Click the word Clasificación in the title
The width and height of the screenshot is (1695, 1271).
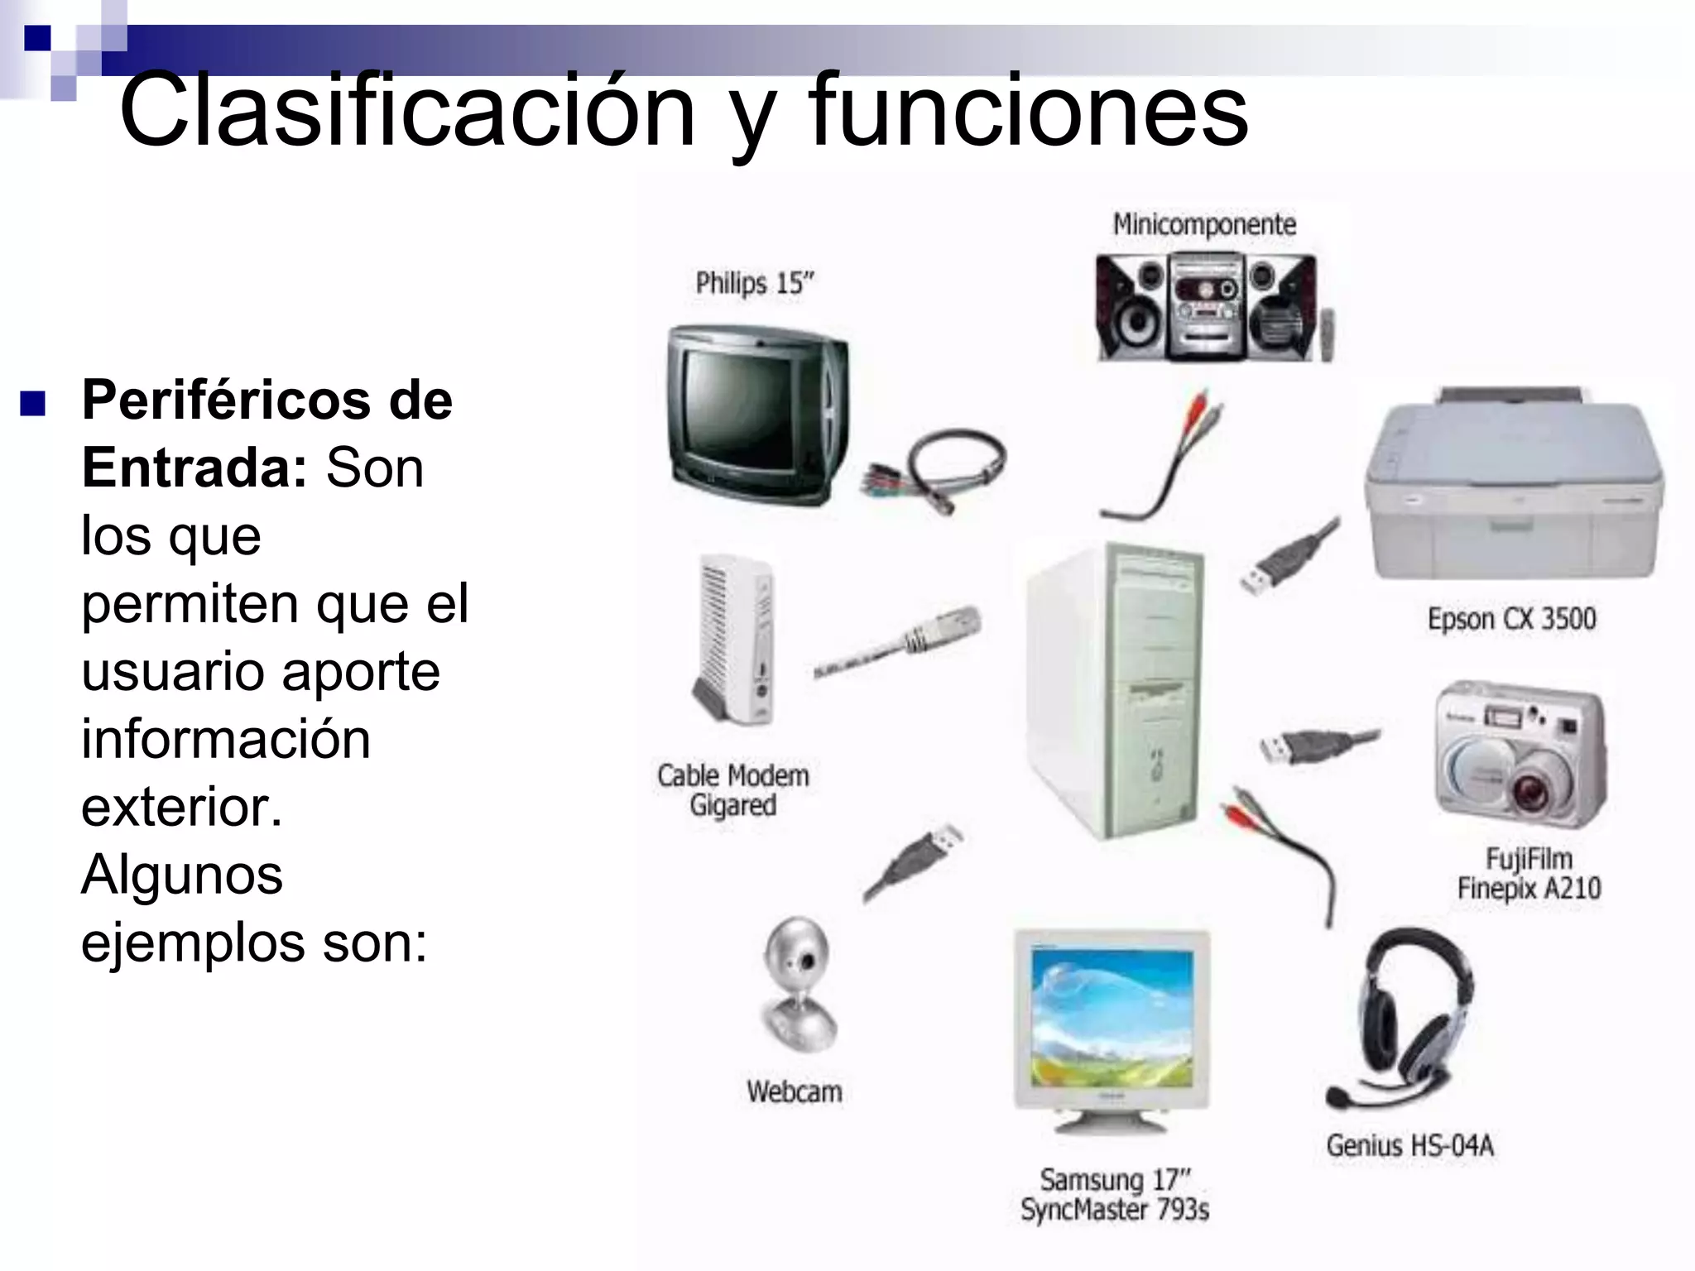click(x=406, y=112)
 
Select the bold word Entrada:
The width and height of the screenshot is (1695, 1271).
click(x=195, y=468)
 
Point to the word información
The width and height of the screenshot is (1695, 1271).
click(x=225, y=739)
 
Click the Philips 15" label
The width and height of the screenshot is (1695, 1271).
click(x=754, y=284)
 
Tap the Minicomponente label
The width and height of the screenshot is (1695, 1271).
click(x=1203, y=224)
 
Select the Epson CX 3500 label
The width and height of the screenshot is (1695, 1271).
click(x=1511, y=619)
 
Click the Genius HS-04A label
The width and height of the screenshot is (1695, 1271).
click(x=1409, y=1146)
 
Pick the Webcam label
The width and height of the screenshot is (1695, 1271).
click(x=794, y=1092)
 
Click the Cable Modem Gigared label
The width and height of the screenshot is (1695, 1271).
click(x=733, y=790)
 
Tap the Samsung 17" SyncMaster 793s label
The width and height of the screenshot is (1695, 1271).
click(x=1114, y=1194)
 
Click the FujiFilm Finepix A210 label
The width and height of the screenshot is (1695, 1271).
click(x=1529, y=874)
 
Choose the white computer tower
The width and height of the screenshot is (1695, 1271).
click(x=1113, y=687)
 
